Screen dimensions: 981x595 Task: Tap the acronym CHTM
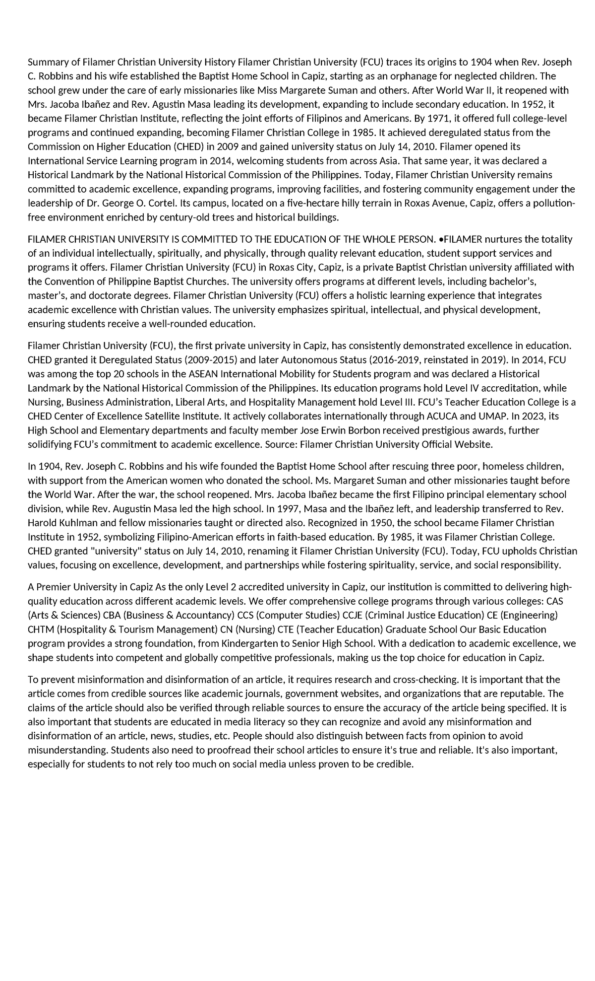coord(41,630)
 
